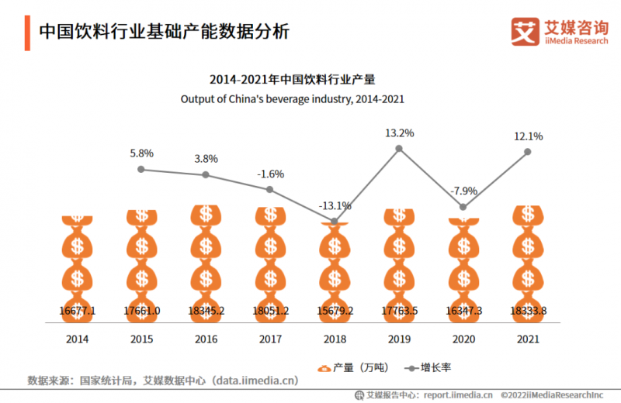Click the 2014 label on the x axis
click(77, 339)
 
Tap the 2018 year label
click(335, 339)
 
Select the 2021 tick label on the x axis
click(528, 339)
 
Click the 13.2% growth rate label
click(399, 133)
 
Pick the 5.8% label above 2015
click(141, 153)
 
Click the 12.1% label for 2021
click(528, 136)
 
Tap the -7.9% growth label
click(464, 191)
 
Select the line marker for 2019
click(399, 148)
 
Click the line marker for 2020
click(463, 207)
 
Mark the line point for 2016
click(206, 174)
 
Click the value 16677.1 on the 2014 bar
click(77, 310)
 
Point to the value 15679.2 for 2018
click(335, 310)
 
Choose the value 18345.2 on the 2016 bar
click(206, 310)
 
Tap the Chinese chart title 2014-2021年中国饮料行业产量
click(293, 79)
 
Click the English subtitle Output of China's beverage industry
click(293, 99)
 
